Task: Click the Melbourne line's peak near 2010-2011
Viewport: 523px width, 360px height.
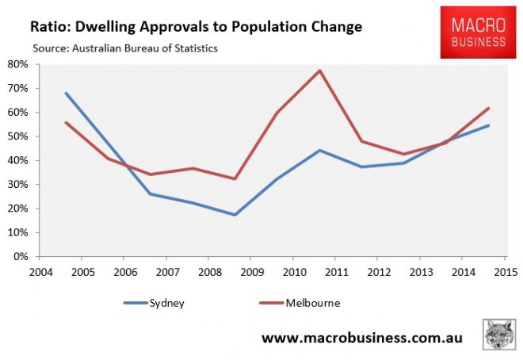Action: click(x=319, y=71)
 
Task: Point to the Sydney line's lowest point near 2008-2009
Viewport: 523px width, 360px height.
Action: click(x=234, y=215)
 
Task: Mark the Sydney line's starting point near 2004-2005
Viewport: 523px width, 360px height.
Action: click(x=66, y=93)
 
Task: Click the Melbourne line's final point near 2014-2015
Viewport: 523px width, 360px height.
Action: click(x=488, y=109)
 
